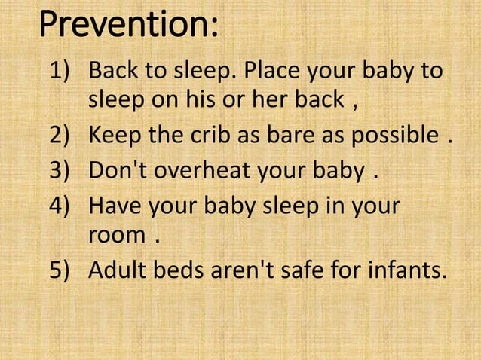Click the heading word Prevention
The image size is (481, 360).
(128, 26)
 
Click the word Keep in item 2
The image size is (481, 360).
(113, 139)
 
